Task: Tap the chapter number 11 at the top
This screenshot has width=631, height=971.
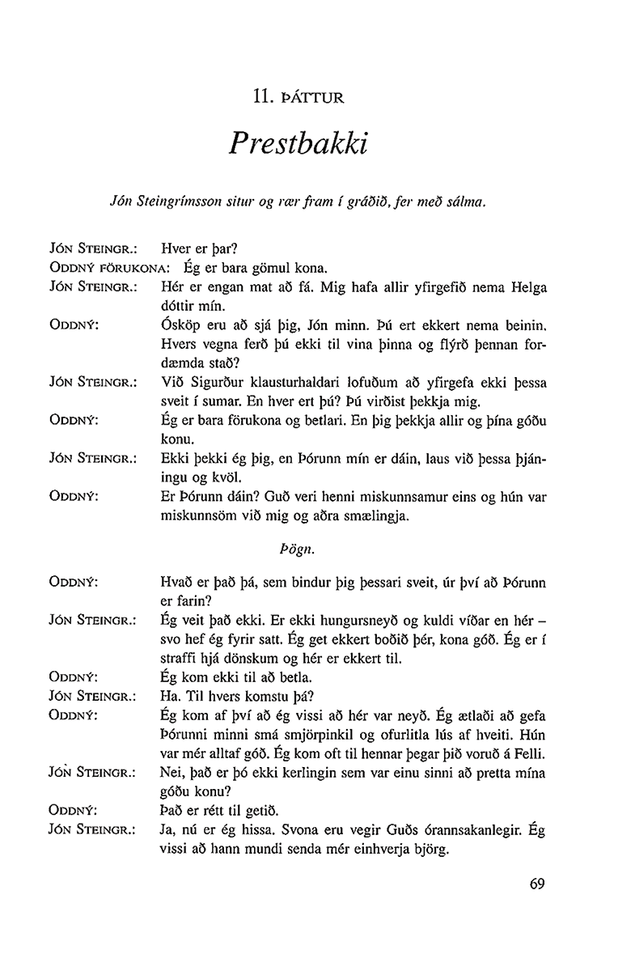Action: click(x=260, y=100)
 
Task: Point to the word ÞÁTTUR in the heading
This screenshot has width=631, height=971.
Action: click(x=312, y=100)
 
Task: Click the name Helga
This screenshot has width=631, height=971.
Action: click(x=528, y=287)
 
